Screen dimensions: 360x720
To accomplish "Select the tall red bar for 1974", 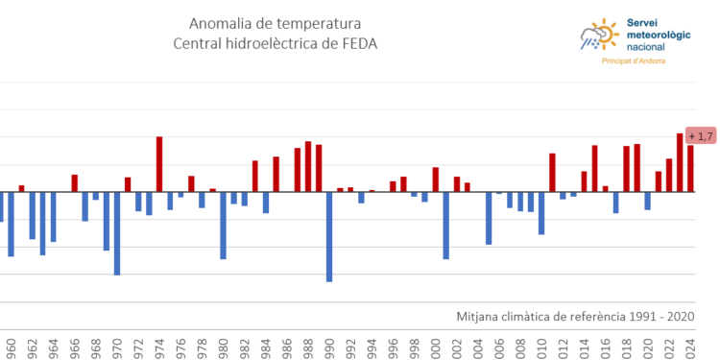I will tap(159, 164).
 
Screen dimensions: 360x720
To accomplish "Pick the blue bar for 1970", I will tap(117, 233).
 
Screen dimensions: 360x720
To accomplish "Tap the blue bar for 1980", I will tap(223, 226).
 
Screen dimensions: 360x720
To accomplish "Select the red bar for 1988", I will tap(308, 167).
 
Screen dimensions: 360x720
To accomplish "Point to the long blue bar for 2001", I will tap(446, 226).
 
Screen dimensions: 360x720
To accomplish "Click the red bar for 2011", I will tap(552, 173).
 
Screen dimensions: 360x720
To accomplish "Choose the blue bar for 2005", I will tap(489, 218).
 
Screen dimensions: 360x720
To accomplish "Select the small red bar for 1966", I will tap(75, 183).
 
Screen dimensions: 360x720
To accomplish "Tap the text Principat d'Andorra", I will tap(633, 61).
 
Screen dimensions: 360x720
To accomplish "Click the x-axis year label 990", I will tap(329, 348).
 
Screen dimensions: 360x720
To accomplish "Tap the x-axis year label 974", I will tap(159, 348).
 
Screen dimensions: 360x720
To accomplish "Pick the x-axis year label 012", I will tap(563, 348).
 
